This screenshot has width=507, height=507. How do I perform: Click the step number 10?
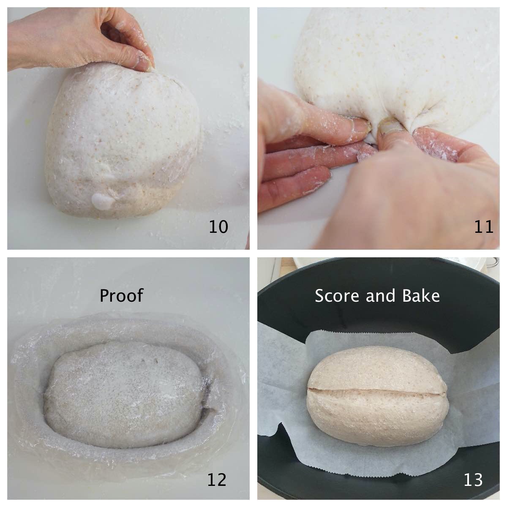coord(218,227)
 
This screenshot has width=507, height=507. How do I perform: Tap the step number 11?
coord(483,227)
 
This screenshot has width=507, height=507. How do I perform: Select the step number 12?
coord(216,480)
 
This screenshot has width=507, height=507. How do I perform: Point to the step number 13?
coord(473,480)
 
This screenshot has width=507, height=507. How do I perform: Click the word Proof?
coord(121,296)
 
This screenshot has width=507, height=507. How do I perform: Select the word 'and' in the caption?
coord(378,296)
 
